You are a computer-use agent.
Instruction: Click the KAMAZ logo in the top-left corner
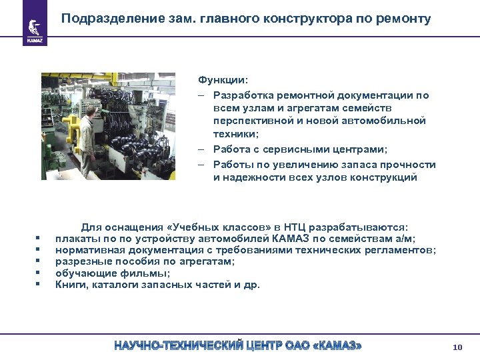(35, 28)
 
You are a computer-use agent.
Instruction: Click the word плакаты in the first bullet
(76, 238)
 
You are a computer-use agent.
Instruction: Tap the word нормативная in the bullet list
(85, 250)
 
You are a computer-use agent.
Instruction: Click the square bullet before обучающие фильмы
(39, 273)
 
